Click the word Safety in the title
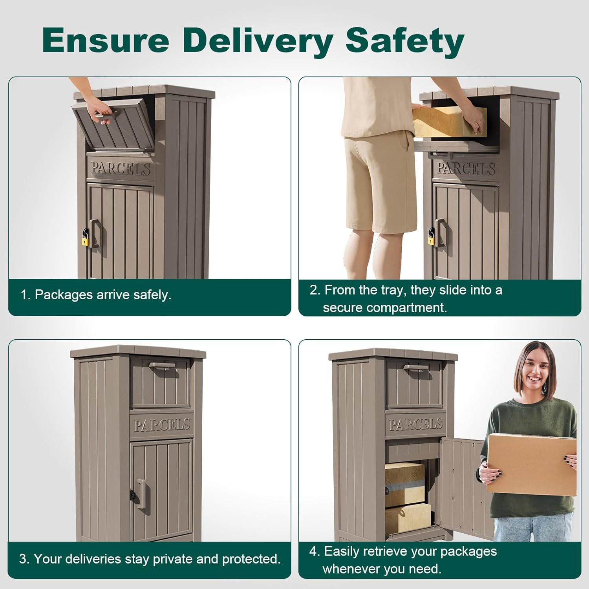(405, 40)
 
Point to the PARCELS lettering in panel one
(121, 168)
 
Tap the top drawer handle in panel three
(162, 366)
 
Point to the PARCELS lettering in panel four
(416, 424)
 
